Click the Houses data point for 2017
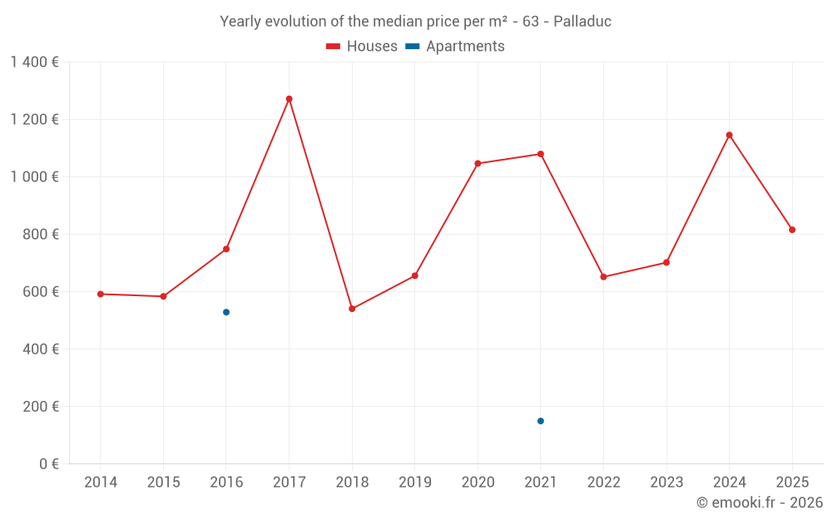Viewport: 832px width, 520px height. (x=289, y=99)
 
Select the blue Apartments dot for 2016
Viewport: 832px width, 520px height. (x=226, y=312)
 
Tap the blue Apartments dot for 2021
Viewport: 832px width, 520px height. (x=541, y=421)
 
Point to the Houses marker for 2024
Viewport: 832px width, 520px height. (x=729, y=135)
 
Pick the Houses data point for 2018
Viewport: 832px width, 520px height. (x=352, y=309)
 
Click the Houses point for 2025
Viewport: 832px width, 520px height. (x=792, y=230)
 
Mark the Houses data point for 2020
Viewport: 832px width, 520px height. (x=478, y=164)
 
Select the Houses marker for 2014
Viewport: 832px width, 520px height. (x=101, y=294)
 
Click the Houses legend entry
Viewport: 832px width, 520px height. (x=362, y=47)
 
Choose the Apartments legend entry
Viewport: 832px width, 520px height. (x=455, y=47)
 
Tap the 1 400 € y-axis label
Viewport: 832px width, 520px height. (x=34, y=62)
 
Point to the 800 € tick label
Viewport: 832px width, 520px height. (x=41, y=235)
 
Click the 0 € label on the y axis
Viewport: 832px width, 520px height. (x=48, y=464)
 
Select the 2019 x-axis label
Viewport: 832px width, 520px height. (x=415, y=483)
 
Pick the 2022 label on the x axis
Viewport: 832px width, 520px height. (x=603, y=483)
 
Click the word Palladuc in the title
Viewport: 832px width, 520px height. (x=582, y=22)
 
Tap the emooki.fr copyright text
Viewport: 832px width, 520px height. (x=760, y=503)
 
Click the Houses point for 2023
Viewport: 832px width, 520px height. (x=666, y=263)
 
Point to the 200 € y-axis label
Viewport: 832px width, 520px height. (x=41, y=407)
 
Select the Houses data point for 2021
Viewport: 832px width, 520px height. (x=541, y=154)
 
